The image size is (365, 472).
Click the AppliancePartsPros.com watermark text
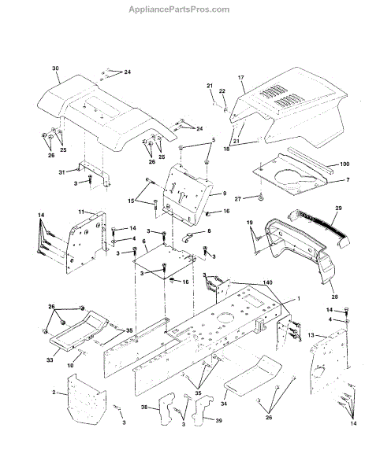tap(179, 9)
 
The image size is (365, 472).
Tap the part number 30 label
tap(55, 68)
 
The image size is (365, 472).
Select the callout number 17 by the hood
tap(240, 78)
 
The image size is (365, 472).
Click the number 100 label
tap(345, 164)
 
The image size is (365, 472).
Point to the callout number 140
tap(268, 282)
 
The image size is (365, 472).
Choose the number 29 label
tap(338, 208)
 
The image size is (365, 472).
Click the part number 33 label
tap(50, 360)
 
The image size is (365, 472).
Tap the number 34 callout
tap(224, 404)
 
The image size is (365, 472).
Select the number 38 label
tap(144, 407)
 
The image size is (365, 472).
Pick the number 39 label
tap(218, 420)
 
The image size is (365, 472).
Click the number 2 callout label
tap(54, 393)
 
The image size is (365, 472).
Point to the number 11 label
tap(81, 212)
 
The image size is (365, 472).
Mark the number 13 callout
tap(311, 335)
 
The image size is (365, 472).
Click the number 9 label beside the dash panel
tap(225, 194)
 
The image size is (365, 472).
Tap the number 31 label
tap(61, 172)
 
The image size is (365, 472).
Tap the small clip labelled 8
tap(188, 238)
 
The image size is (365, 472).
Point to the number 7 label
tap(348, 179)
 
